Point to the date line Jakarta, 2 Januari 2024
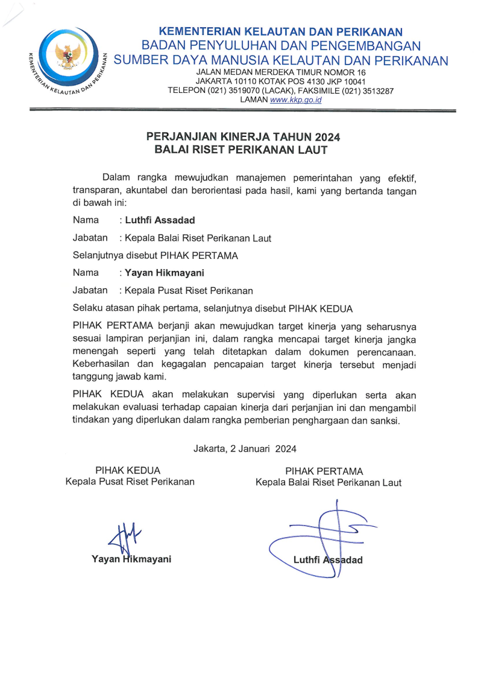tap(245, 448)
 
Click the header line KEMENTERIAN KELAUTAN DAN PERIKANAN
tap(281, 31)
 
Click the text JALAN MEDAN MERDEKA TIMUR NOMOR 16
tap(281, 72)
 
